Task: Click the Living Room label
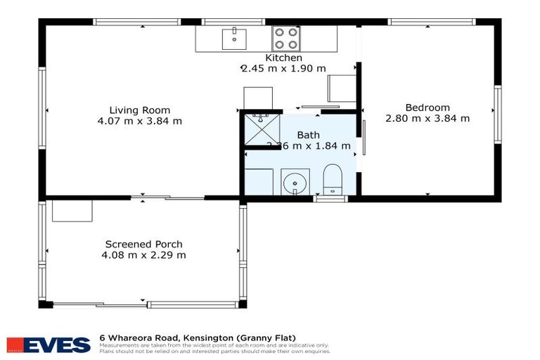pyautogui.click(x=139, y=110)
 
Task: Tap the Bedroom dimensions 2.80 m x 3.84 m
pyautogui.click(x=427, y=118)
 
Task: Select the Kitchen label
pyautogui.click(x=283, y=58)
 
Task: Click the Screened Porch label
pyautogui.click(x=143, y=244)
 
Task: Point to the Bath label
pyautogui.click(x=308, y=134)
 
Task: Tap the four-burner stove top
pyautogui.click(x=285, y=37)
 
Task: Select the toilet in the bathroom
pyautogui.click(x=331, y=179)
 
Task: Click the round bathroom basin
pyautogui.click(x=294, y=184)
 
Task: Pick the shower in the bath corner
pyautogui.click(x=260, y=130)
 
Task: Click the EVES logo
pyautogui.click(x=49, y=345)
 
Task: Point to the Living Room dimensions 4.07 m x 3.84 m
pyautogui.click(x=139, y=121)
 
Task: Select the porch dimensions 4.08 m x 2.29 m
pyautogui.click(x=143, y=255)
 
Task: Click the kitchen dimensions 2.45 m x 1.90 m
pyautogui.click(x=283, y=68)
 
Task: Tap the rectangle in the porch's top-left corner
pyautogui.click(x=72, y=210)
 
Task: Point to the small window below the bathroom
pyautogui.click(x=330, y=199)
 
